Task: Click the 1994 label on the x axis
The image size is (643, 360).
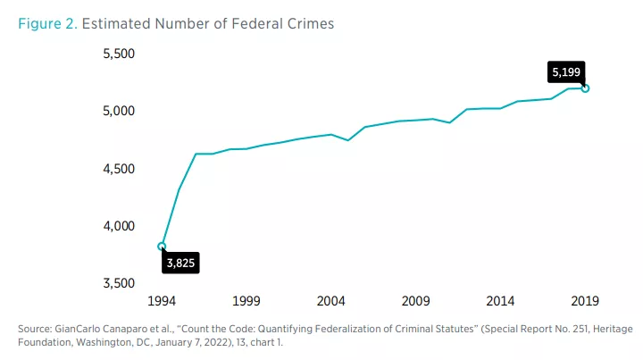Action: coord(162,300)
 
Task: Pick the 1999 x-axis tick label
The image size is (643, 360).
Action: coord(246,300)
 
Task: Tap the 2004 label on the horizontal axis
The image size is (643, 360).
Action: coord(331,300)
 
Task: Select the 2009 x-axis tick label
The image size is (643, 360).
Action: coord(416,300)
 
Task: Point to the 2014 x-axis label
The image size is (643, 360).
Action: coord(501,300)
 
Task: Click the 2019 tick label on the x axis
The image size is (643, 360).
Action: coord(585,300)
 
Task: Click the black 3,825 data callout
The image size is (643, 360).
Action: coord(180,263)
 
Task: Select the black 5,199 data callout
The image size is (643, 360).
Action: coord(566,71)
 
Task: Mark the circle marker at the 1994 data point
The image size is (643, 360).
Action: coord(162,247)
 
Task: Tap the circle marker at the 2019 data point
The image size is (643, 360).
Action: coord(585,88)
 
